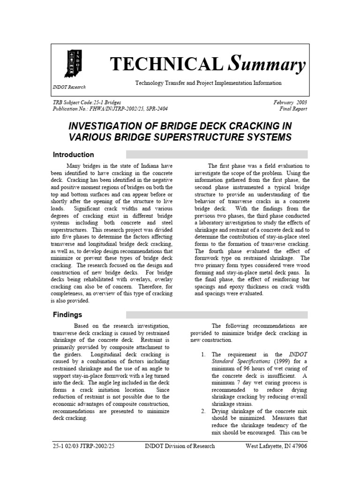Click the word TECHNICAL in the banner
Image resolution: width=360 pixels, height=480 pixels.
165,64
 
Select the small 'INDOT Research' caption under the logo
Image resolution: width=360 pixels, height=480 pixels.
69,87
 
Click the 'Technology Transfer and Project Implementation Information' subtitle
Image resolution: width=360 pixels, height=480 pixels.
208,83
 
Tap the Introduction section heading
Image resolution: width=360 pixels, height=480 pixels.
73,155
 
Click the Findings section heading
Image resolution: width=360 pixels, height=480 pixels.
67,315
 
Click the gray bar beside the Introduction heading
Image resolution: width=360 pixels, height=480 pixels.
216,155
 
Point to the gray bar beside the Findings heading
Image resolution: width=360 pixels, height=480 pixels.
216,315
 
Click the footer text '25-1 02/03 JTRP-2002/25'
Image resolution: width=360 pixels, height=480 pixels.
83,446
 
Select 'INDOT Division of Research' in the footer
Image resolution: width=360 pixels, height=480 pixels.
180,446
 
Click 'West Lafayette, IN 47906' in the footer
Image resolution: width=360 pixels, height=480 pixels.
277,446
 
